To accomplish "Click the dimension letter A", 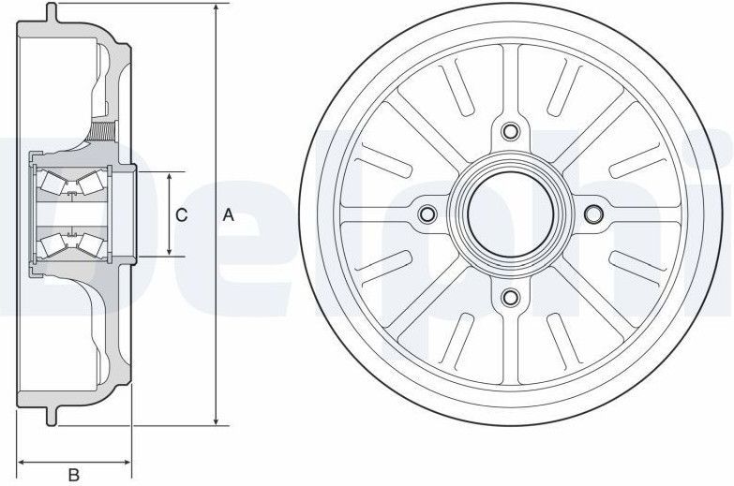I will point(228,214).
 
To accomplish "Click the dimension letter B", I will point(74,475).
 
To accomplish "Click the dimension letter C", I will point(182,214).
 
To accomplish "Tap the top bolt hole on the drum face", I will point(510,131).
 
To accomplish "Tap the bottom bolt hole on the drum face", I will point(510,298).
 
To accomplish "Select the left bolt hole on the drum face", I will point(427,214).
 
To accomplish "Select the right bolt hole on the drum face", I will point(592,214).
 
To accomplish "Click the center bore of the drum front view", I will point(510,214).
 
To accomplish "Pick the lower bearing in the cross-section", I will point(70,244).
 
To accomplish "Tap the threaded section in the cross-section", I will point(102,130).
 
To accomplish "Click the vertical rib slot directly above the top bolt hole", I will point(510,79).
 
